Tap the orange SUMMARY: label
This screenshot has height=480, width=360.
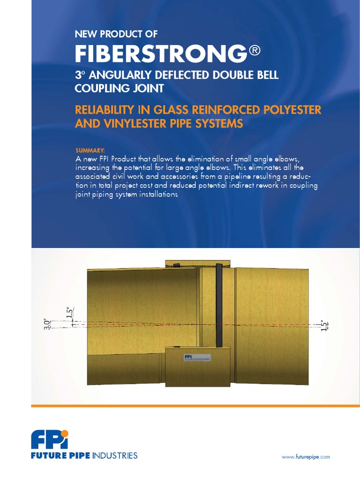tap(90, 150)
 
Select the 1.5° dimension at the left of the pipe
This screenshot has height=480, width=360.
tap(69, 313)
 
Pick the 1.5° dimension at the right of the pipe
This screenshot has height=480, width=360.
tap(322, 325)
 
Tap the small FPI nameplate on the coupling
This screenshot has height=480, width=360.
tap(197, 357)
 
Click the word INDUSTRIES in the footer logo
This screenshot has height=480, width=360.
tap(115, 456)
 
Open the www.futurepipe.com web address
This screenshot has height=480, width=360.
tap(306, 457)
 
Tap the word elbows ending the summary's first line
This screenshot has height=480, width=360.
tap(297, 158)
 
